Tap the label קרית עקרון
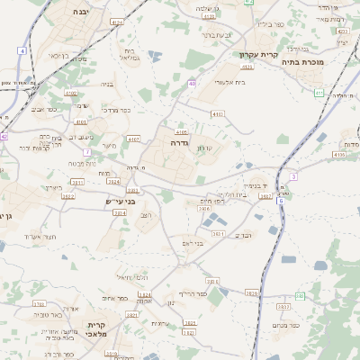pos(258,54)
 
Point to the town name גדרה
pos(177,142)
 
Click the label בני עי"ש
pos(120,202)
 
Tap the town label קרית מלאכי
pos(97,328)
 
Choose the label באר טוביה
pos(47,315)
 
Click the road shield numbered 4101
pos(81,121)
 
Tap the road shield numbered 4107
pos(134,139)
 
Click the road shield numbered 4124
pos(117,21)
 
